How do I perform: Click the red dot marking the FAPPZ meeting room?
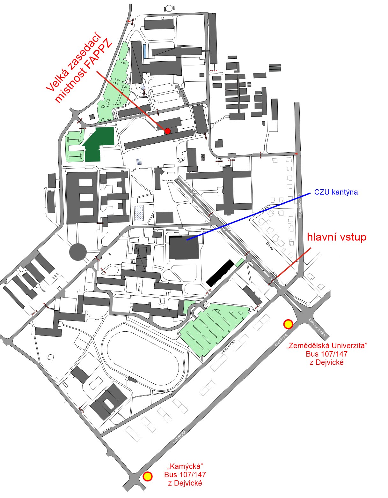pos(168,131)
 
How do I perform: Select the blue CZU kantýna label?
pos(336,192)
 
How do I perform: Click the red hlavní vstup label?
pos(336,237)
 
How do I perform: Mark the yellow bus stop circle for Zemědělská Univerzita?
pos(288,324)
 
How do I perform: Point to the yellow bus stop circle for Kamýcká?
pos(147,476)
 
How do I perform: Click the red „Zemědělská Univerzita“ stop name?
pos(327,345)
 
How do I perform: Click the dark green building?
pos(99,144)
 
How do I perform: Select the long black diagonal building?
pos(220,273)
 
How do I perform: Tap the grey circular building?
pos(78,252)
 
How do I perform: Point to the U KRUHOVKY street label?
pos(227,348)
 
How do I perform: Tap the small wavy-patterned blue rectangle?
pos(138,213)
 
